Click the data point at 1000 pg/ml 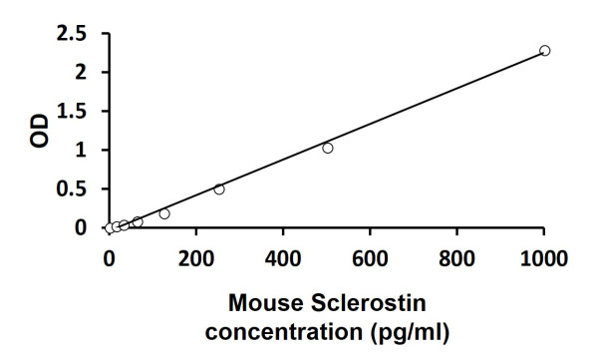click(x=544, y=50)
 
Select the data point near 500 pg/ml click(x=327, y=148)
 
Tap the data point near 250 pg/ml click(x=219, y=188)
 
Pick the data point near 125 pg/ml click(x=164, y=213)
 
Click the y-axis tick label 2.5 click(x=72, y=34)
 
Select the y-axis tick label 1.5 click(x=72, y=112)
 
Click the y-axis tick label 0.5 click(x=72, y=189)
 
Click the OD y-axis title click(x=38, y=131)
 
